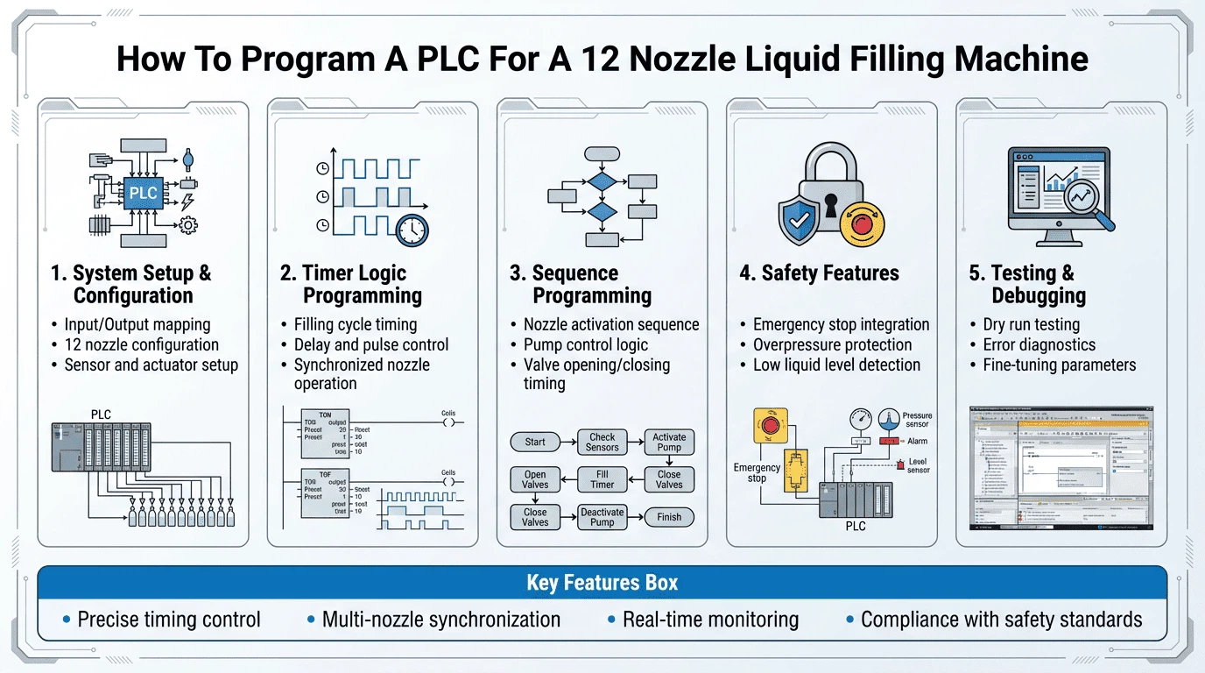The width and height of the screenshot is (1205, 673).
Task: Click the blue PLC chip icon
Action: point(143,192)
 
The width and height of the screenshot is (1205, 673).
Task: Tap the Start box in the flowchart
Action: point(535,442)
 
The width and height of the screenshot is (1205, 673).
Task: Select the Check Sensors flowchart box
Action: point(602,442)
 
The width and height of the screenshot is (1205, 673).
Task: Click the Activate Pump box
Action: point(669,442)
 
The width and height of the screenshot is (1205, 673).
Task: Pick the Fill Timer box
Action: point(602,479)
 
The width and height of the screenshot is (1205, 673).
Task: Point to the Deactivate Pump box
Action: point(602,517)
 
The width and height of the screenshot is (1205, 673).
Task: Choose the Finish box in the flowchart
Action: point(669,517)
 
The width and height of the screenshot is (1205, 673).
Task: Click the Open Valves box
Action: point(535,479)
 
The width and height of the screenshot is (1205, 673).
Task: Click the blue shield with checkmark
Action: point(800,220)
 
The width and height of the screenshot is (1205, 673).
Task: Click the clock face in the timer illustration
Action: point(412,230)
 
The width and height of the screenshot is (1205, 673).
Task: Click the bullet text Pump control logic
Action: point(585,344)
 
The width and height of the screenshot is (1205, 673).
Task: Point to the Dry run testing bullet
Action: point(1025,324)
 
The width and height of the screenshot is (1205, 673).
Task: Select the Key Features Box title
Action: point(602,583)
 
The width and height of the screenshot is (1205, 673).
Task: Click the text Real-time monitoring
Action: point(710,620)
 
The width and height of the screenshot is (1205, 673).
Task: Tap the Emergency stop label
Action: point(757,473)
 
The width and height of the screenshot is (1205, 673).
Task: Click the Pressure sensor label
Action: point(917,421)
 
